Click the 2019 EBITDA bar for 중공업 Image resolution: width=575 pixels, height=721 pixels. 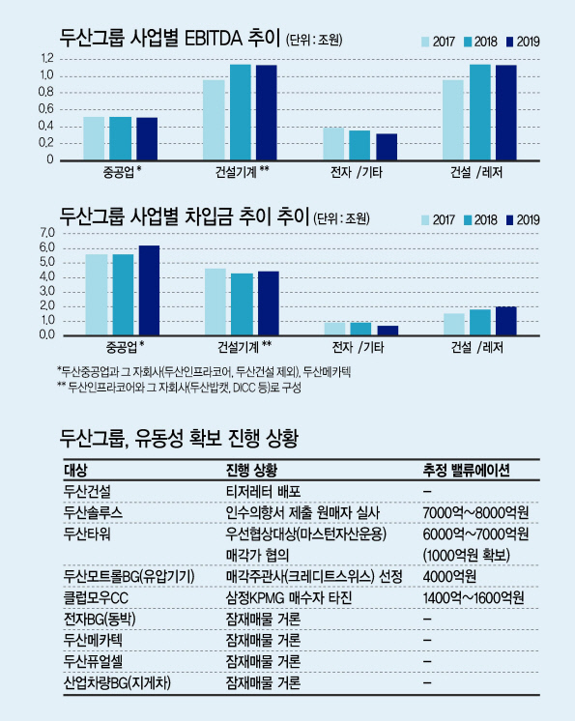tap(147, 139)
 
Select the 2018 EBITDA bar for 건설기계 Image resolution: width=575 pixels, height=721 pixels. tap(241, 113)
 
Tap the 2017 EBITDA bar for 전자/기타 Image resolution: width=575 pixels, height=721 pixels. tap(333, 144)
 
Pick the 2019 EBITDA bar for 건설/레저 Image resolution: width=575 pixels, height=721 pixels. tap(506, 113)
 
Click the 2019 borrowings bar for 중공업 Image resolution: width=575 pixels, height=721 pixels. tap(149, 291)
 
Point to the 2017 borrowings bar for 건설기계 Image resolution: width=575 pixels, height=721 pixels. tap(216, 303)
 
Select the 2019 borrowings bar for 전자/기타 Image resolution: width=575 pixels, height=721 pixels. tap(388, 331)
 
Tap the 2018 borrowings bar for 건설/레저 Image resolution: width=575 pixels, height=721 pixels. tap(480, 323)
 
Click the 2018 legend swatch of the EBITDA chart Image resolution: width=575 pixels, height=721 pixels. tap(468, 42)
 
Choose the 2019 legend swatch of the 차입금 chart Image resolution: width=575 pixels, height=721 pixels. tap(509, 220)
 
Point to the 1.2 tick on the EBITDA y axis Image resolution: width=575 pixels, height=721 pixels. tap(47, 58)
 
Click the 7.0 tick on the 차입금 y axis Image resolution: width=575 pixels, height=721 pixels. tap(47, 233)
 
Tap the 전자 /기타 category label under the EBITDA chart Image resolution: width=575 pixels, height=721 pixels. tap(357, 172)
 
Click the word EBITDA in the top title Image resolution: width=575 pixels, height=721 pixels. tap(214, 38)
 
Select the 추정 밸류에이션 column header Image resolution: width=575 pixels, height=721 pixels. tap(466, 470)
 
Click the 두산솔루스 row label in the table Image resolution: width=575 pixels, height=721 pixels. tap(94, 512)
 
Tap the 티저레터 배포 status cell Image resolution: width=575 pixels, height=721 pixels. tap(264, 491)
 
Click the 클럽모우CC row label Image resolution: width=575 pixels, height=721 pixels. tap(96, 597)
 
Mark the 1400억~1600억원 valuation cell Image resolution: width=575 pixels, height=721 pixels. tap(474, 597)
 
